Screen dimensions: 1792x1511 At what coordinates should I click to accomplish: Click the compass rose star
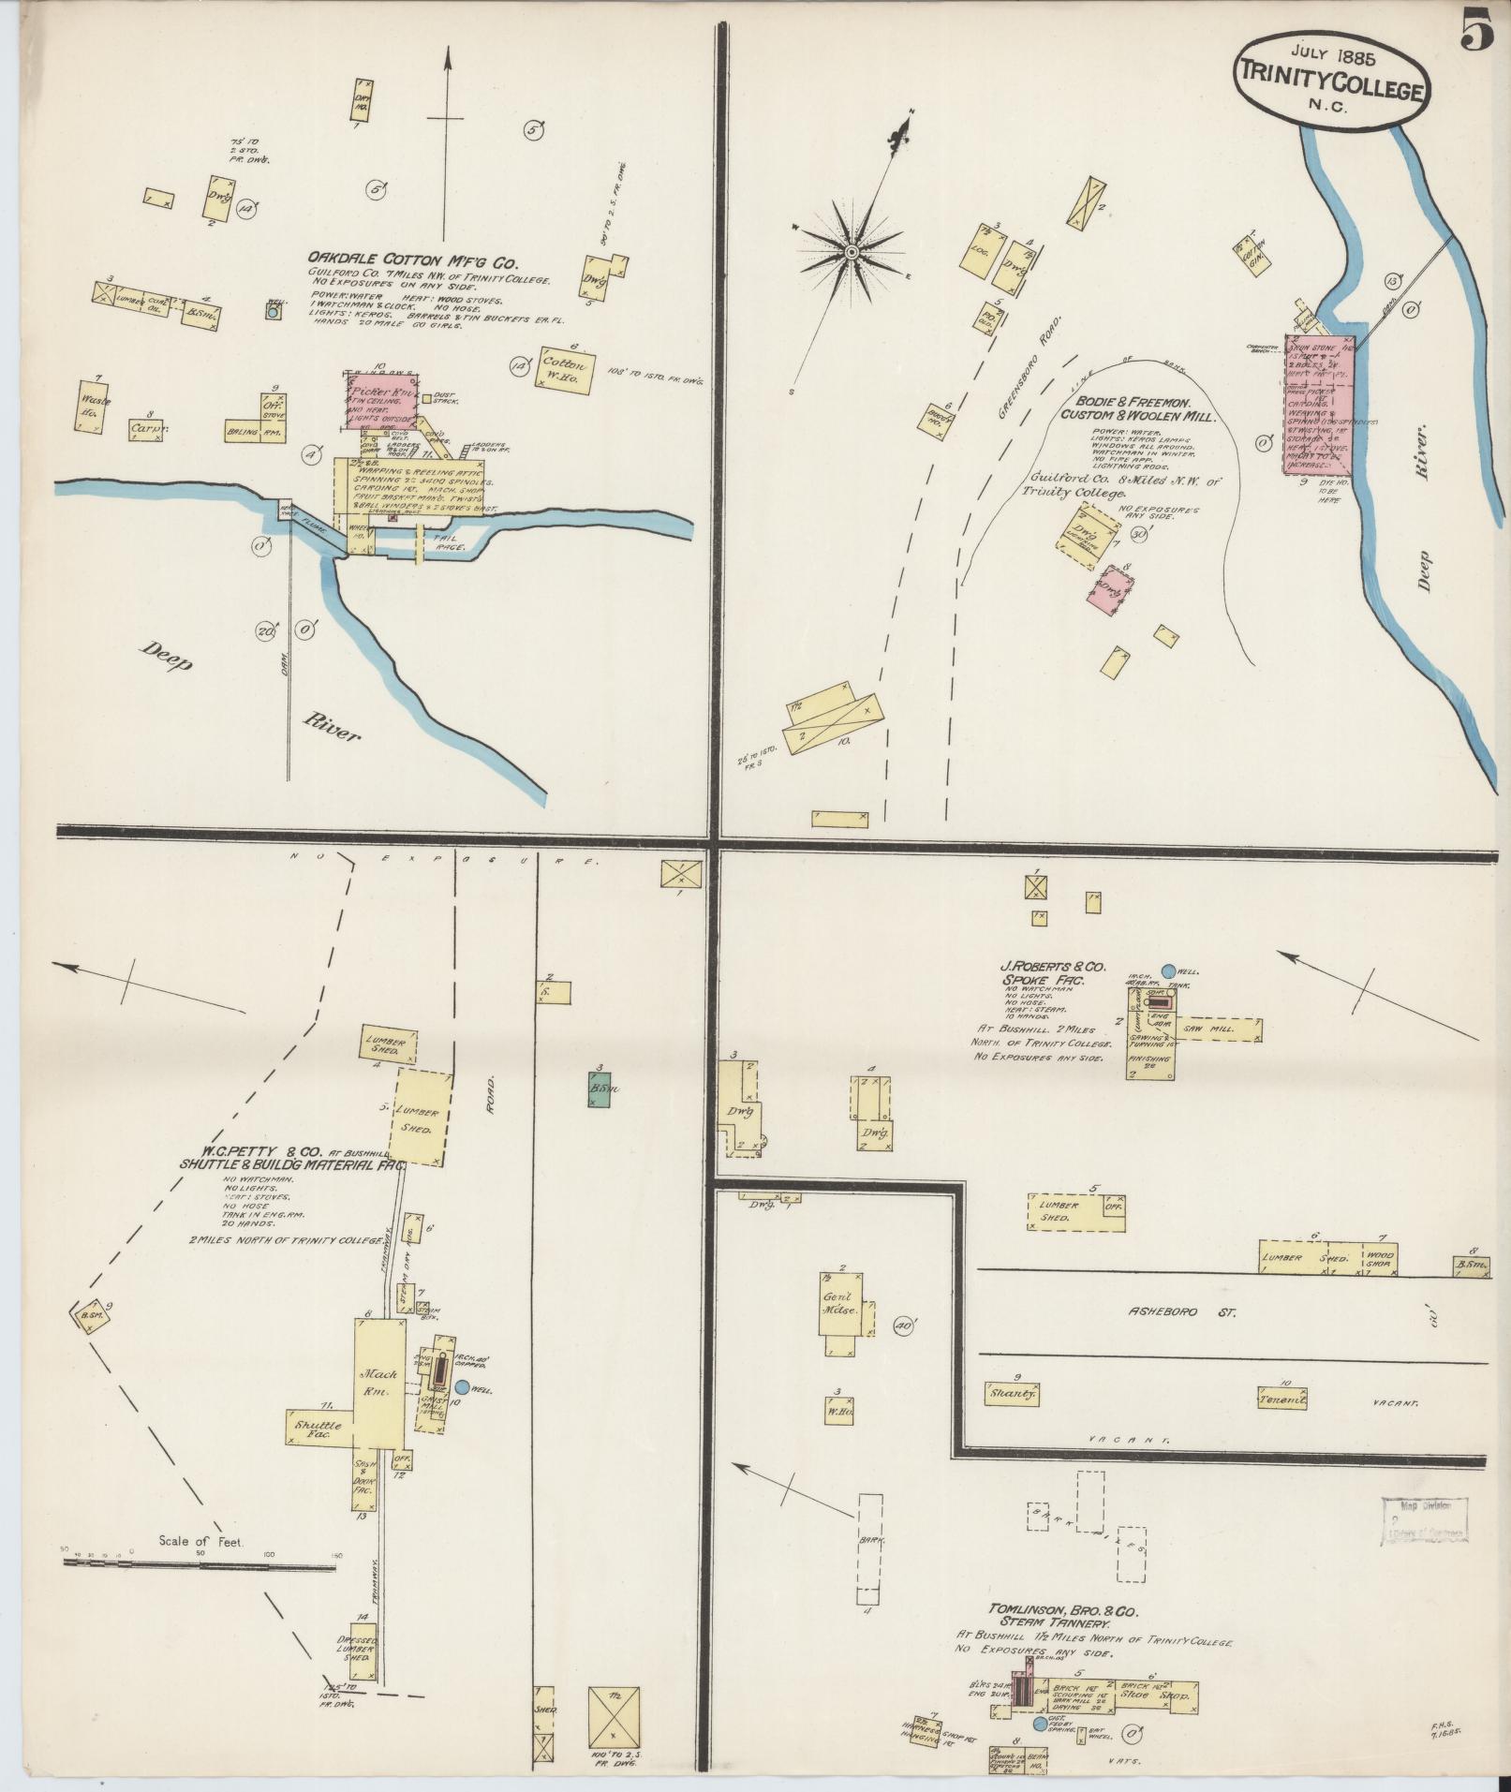852,253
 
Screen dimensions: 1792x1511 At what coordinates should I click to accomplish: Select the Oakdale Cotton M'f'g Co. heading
419,258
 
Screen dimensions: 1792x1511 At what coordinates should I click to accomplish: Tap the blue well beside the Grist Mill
462,1386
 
